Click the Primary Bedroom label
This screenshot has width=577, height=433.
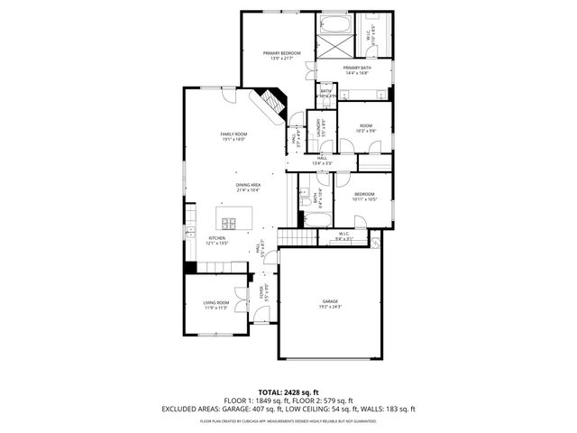pos(279,54)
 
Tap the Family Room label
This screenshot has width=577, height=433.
pos(234,134)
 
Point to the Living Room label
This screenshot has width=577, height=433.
pos(215,302)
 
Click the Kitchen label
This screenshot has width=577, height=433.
pos(217,238)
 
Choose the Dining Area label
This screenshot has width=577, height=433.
pos(248,185)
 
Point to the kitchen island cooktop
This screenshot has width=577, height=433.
pos(228,223)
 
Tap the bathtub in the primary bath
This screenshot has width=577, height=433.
pos(334,23)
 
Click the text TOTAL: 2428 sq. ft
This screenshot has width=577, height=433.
pos(288,391)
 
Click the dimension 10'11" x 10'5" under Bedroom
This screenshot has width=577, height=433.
pos(364,199)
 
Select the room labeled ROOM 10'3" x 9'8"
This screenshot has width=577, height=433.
pos(365,129)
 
